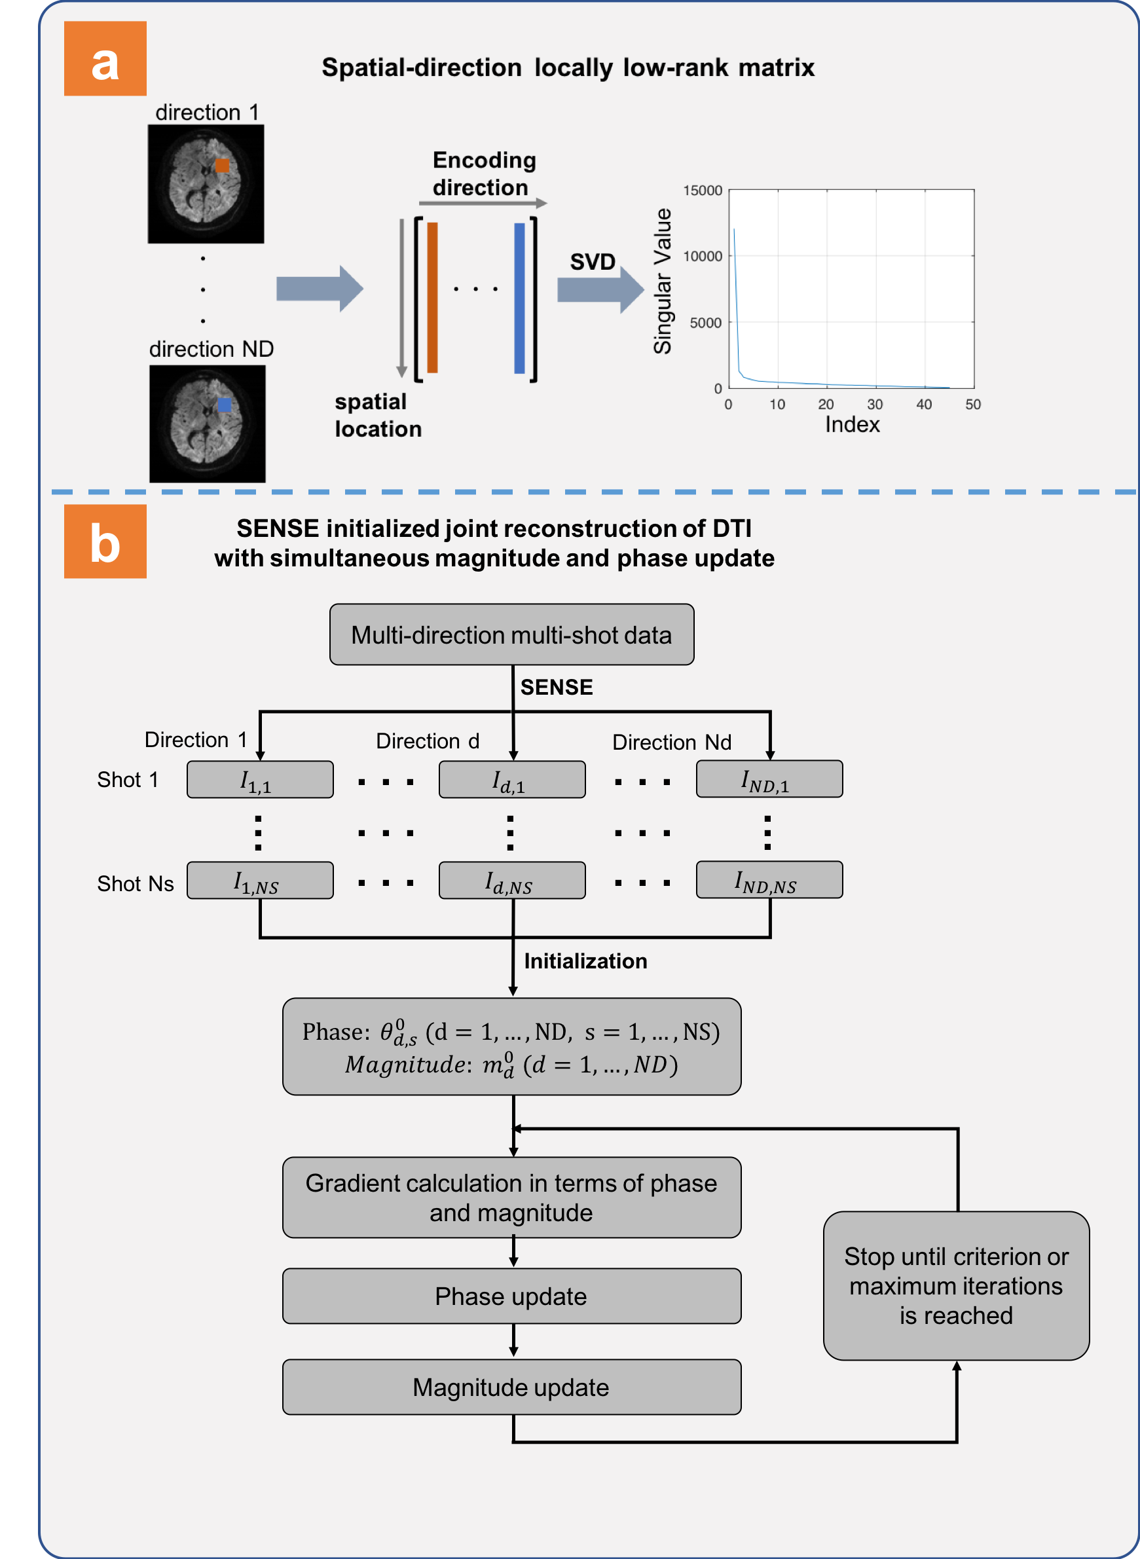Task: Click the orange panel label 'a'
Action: pos(105,59)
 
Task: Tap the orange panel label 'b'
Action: pos(105,541)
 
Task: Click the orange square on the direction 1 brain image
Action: pos(222,165)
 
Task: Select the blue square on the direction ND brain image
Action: pos(225,405)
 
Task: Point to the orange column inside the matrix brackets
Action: pos(433,297)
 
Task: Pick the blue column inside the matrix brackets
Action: pos(520,297)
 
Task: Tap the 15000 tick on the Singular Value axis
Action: pos(703,191)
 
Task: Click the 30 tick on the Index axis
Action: pos(875,405)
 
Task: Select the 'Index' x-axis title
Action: pos(853,424)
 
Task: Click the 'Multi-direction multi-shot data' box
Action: pos(511,635)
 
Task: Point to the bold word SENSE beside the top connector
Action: pos(556,688)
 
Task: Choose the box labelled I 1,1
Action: pos(260,780)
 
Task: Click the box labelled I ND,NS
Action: pos(769,880)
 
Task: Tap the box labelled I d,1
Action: pos(512,780)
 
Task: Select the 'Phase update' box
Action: pos(511,1296)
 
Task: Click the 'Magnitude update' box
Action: pos(511,1387)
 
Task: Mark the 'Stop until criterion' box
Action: pos(956,1286)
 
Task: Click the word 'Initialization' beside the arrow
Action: pos(585,961)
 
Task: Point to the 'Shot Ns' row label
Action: pos(136,884)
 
